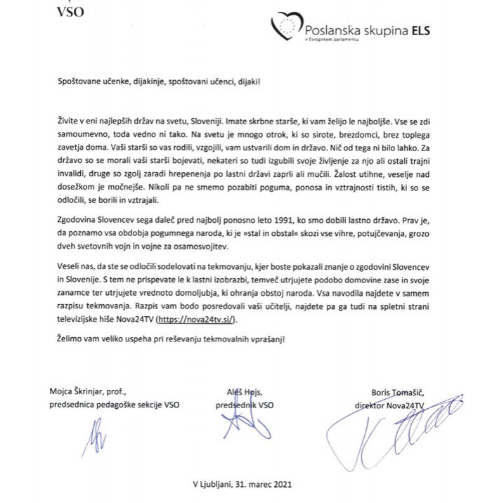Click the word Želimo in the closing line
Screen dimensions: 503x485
click(x=72, y=339)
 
